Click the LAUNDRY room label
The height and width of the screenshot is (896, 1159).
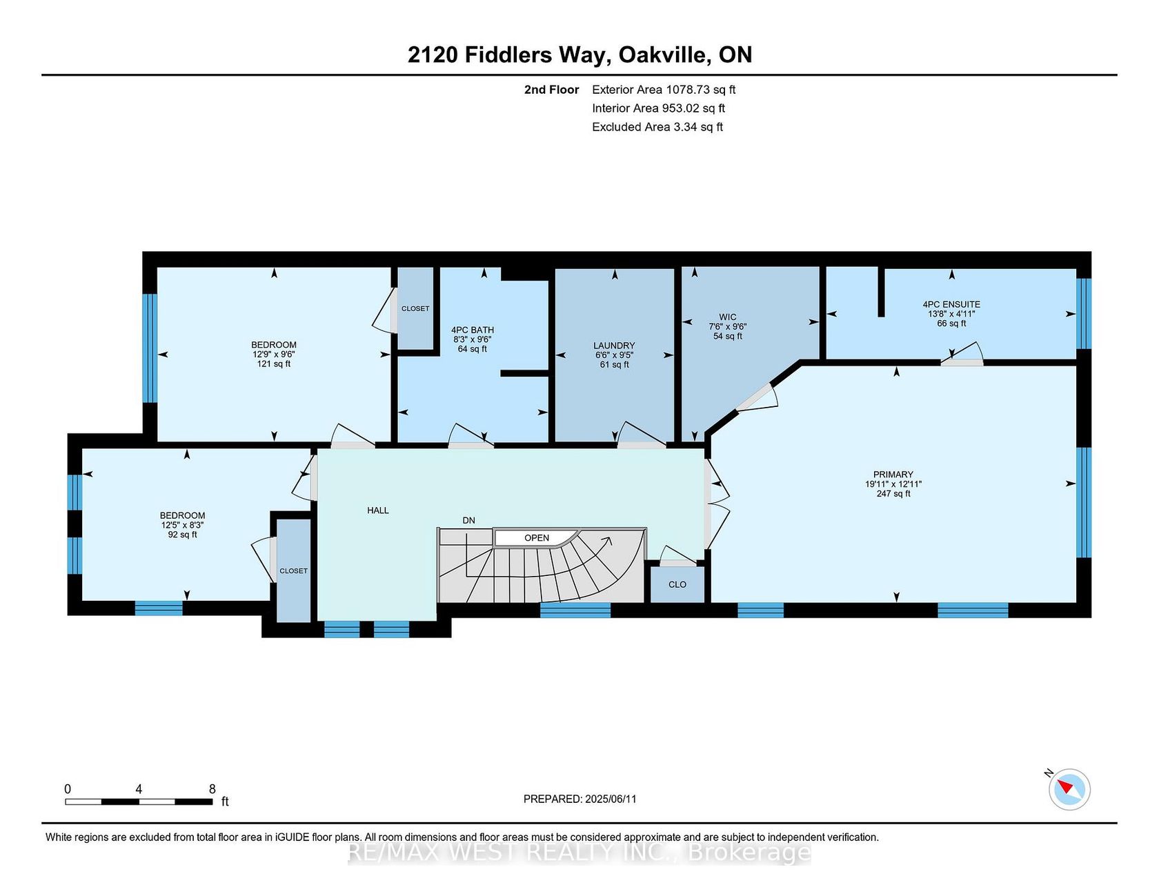[614, 346]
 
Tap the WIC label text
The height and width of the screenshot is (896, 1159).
[727, 317]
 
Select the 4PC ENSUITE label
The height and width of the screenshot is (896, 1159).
[951, 304]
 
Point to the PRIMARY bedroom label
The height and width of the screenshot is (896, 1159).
[893, 475]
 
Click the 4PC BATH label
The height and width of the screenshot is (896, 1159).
[473, 330]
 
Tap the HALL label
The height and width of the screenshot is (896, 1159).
[378, 510]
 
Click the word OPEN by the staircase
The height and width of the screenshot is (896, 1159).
[537, 538]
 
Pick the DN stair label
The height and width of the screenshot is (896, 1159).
[469, 520]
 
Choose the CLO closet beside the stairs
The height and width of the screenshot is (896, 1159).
[677, 584]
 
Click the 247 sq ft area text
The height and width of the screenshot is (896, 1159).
[893, 494]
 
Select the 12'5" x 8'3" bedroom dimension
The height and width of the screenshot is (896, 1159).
[183, 525]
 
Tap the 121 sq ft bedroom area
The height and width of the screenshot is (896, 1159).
[274, 364]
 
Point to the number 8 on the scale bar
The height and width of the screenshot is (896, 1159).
[212, 789]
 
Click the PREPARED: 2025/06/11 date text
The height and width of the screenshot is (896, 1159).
[580, 799]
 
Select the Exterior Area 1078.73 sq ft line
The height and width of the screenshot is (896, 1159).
[664, 90]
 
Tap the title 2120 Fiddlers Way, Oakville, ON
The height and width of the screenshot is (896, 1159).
[579, 54]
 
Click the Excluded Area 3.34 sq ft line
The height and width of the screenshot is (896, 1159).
[657, 127]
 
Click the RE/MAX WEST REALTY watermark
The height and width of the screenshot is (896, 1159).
[579, 853]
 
